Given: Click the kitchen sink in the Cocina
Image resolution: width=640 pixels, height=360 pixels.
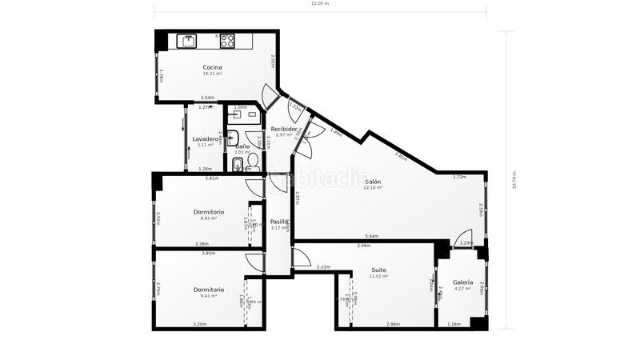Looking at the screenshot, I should pyautogui.click(x=187, y=40).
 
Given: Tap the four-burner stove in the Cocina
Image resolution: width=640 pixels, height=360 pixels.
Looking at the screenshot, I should pyautogui.click(x=228, y=40).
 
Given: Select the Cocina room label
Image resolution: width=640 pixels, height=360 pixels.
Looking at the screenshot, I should pyautogui.click(x=212, y=67).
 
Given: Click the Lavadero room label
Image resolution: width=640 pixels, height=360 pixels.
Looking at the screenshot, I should pyautogui.click(x=206, y=139).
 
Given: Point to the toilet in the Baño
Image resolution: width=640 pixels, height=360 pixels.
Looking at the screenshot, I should pyautogui.click(x=238, y=166).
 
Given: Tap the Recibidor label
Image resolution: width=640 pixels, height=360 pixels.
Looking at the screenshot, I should pyautogui.click(x=285, y=129).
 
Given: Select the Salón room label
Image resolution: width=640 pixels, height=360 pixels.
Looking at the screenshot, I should pyautogui.click(x=373, y=182).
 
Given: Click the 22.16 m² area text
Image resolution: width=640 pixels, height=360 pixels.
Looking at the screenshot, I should pyautogui.click(x=373, y=188).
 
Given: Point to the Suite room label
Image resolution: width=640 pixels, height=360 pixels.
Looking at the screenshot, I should pyautogui.click(x=378, y=270).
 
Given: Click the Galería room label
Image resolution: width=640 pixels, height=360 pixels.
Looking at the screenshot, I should pyautogui.click(x=462, y=282).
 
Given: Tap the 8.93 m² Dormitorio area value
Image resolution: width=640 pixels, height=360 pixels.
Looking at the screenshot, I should pyautogui.click(x=209, y=218).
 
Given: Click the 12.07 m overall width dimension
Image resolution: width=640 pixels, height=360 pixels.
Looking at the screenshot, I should pyautogui.click(x=320, y=4).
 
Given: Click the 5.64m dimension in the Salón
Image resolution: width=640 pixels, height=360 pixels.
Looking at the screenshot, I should pyautogui.click(x=371, y=237).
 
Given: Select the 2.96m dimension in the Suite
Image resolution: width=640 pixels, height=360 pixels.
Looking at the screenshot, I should pyautogui.click(x=393, y=324).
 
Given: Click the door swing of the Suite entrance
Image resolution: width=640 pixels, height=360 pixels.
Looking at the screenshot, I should pyautogui.click(x=302, y=258).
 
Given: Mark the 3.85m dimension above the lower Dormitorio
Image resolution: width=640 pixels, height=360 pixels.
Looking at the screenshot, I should pyautogui.click(x=208, y=254).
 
